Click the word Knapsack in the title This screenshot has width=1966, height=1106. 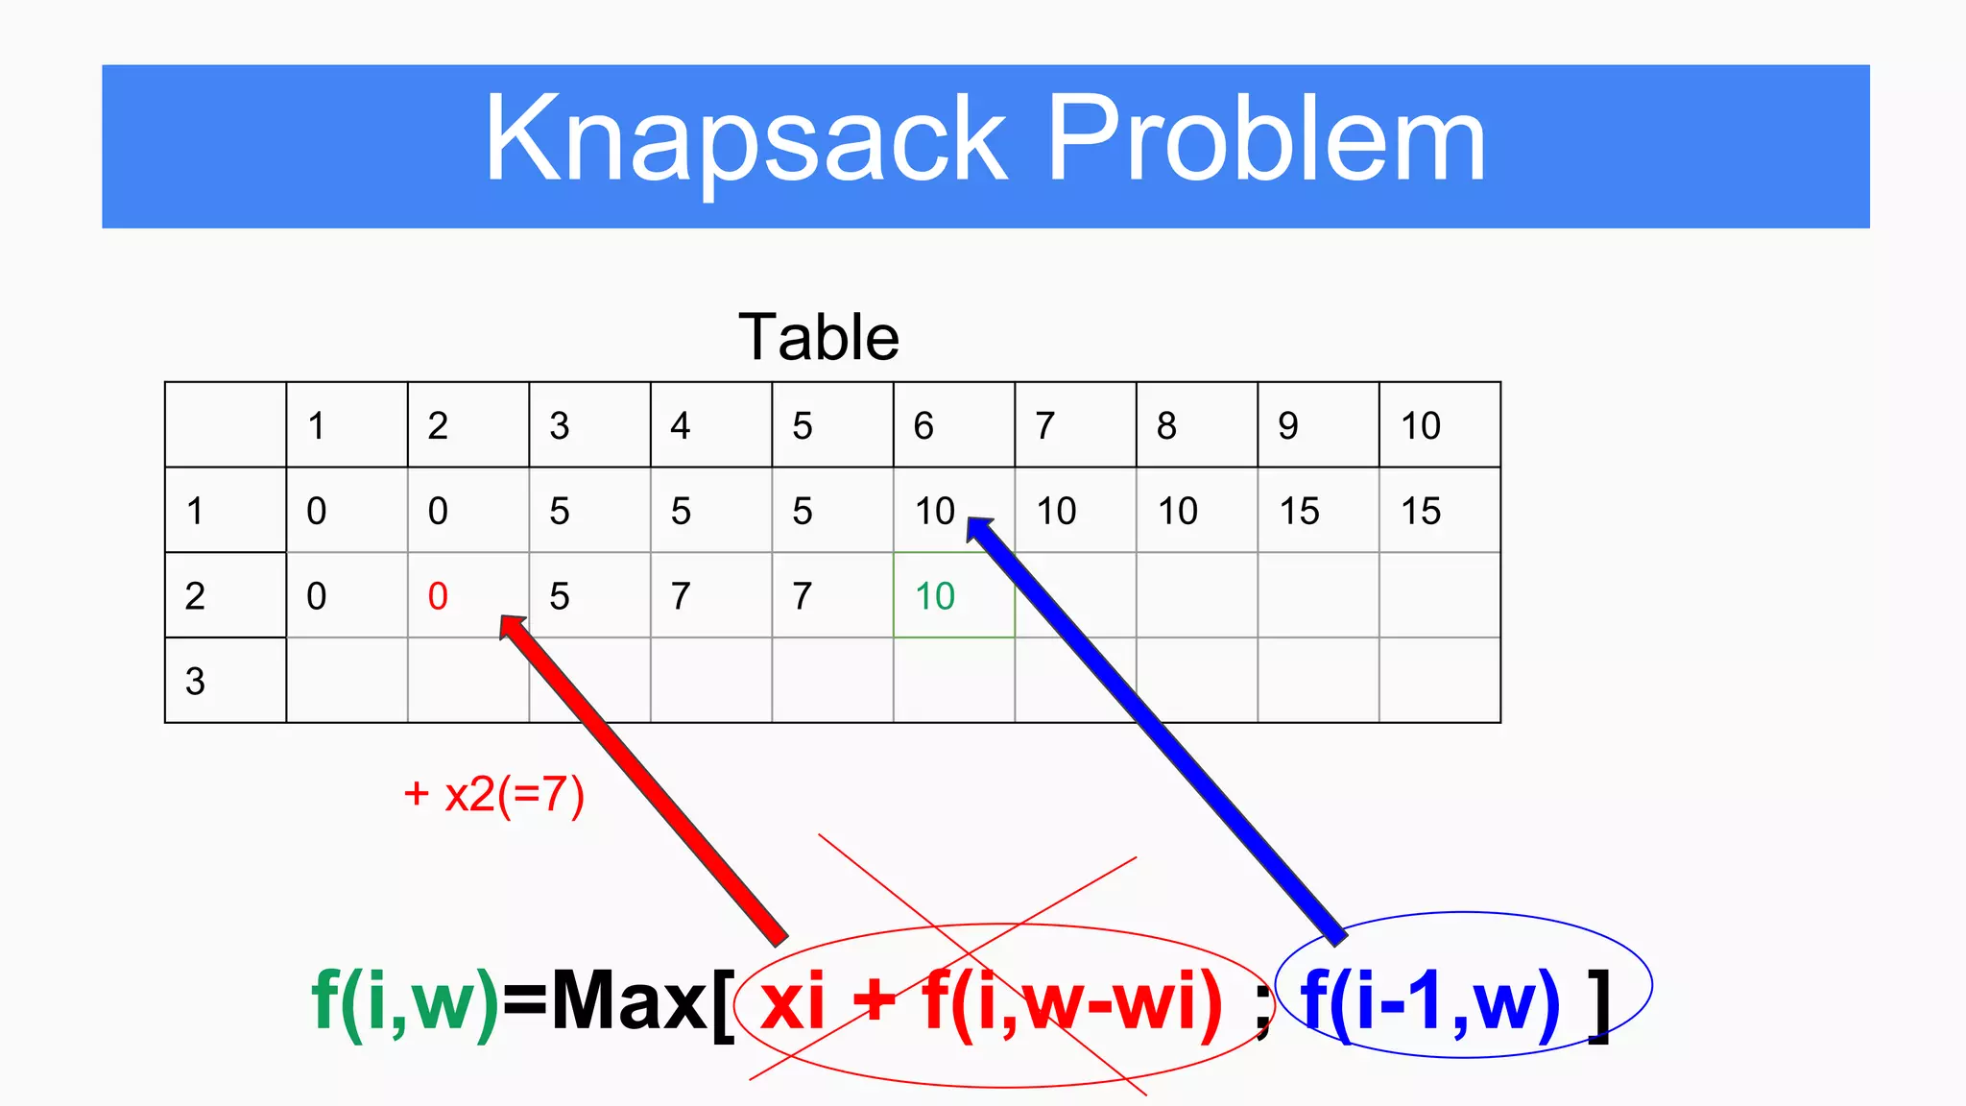[x=745, y=141]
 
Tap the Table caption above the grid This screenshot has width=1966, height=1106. [x=818, y=338]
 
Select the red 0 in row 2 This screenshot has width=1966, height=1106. [x=438, y=596]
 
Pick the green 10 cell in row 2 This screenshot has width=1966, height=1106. [x=935, y=596]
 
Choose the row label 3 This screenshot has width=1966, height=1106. [x=195, y=682]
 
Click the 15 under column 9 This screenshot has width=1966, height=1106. [x=1299, y=511]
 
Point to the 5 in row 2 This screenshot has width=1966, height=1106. [x=560, y=596]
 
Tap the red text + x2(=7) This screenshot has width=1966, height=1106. [x=494, y=795]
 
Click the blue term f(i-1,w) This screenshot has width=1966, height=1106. [x=1429, y=1002]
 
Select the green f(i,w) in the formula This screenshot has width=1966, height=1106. [x=405, y=1002]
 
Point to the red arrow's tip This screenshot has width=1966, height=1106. [x=506, y=622]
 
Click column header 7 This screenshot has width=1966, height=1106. [x=1045, y=425]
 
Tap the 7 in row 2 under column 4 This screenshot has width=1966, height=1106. [x=681, y=596]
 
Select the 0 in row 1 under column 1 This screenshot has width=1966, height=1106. [x=316, y=511]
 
